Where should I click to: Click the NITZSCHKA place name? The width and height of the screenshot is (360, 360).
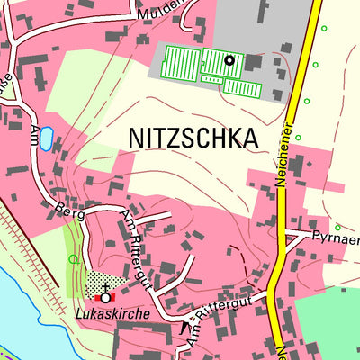193,138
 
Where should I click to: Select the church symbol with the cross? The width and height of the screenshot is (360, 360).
105,296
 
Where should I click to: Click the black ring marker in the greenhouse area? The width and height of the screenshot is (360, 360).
229,60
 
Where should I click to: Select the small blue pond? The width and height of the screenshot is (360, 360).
46,138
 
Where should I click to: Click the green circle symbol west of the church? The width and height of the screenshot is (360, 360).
74,259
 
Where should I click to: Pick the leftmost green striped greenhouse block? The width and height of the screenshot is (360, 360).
181,63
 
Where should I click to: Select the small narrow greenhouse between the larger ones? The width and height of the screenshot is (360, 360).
212,80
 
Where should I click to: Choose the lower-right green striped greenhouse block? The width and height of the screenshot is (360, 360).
242,86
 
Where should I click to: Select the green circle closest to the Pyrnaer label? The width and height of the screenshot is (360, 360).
337,227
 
